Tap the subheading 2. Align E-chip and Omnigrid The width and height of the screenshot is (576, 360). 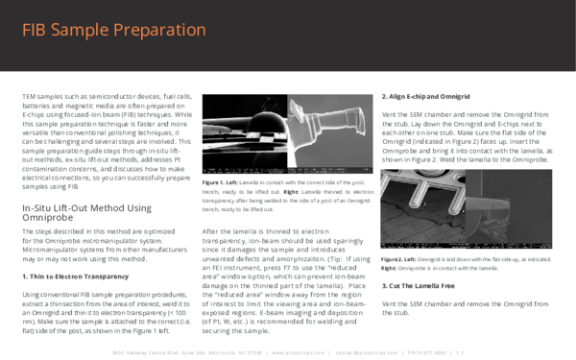(425, 97)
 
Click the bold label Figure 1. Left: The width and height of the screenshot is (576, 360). (223, 180)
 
